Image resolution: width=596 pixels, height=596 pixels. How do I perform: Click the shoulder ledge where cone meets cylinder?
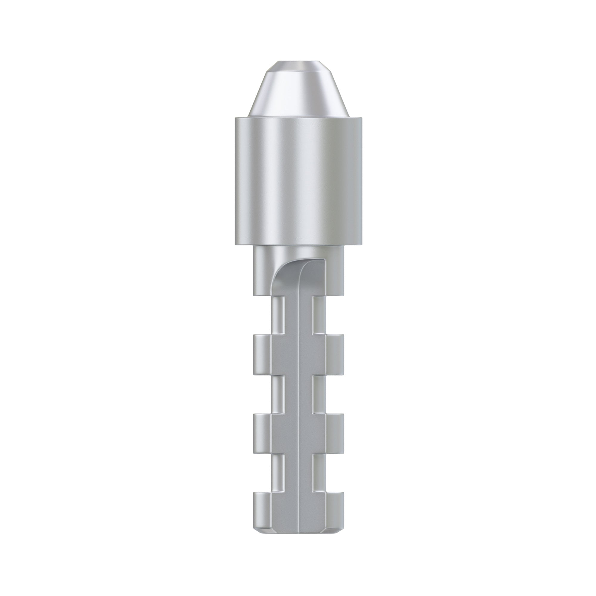click(298, 117)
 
